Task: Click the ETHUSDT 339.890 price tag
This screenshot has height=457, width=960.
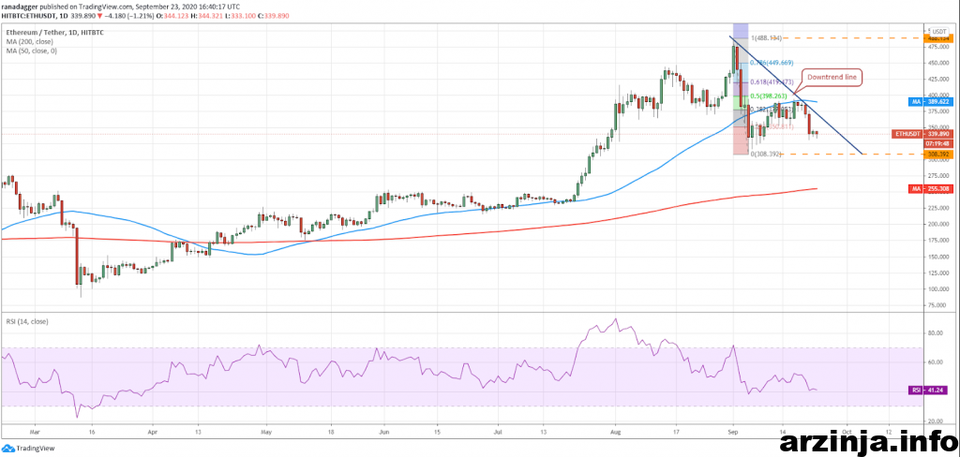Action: (x=908, y=133)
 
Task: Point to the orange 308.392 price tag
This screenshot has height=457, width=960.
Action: (x=909, y=154)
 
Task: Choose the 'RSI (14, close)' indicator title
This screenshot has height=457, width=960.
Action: (x=28, y=321)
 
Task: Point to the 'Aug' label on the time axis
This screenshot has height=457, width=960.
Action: (x=614, y=434)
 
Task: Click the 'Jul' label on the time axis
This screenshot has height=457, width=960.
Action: (x=499, y=434)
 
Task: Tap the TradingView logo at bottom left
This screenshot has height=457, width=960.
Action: (x=28, y=448)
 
